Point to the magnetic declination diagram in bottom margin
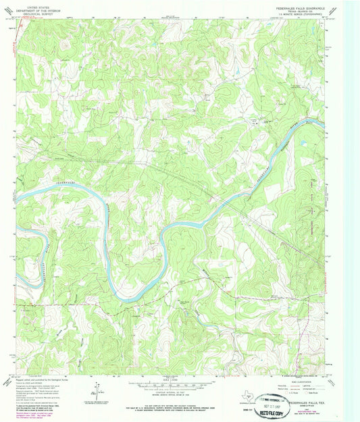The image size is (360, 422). (99, 391)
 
